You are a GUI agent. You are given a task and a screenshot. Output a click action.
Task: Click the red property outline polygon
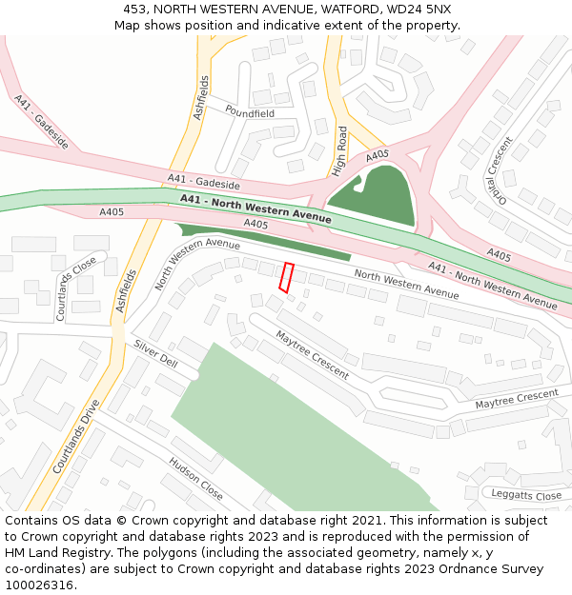click(x=285, y=277)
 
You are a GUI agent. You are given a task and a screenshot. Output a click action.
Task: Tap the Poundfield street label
click(x=250, y=112)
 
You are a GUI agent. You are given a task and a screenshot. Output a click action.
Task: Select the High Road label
click(x=341, y=151)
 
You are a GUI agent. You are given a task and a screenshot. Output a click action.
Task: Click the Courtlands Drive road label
click(x=76, y=436)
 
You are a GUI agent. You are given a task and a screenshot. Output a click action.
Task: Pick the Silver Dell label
click(x=155, y=354)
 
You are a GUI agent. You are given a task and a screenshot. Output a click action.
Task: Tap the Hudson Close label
click(x=195, y=479)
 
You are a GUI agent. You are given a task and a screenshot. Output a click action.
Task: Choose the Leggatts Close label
click(x=526, y=496)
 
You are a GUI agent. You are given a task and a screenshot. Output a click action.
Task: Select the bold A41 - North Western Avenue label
click(x=255, y=208)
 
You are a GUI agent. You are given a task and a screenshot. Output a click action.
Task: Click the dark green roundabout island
click(x=376, y=195)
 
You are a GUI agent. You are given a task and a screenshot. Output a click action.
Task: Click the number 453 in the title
click(x=135, y=10)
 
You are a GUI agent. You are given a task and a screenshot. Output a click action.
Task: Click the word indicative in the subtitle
click(x=303, y=25)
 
